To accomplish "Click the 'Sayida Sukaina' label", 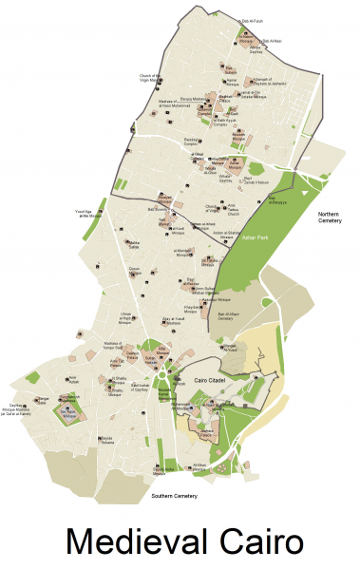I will click(x=111, y=441).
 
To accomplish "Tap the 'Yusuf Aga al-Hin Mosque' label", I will click(x=89, y=215).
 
